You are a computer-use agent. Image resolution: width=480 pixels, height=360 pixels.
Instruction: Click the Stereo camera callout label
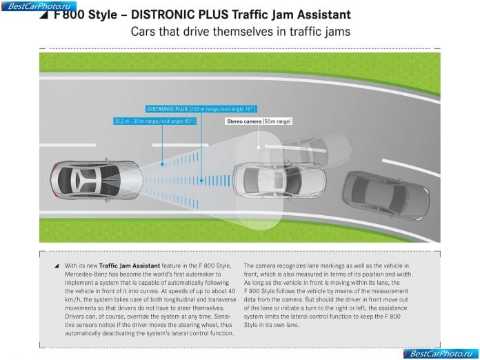pyautogui.click(x=259, y=121)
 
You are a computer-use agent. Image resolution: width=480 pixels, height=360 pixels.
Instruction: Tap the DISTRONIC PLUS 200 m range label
pyautogui.click(x=201, y=109)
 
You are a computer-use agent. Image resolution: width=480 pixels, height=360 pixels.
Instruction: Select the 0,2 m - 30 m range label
pyautogui.click(x=154, y=121)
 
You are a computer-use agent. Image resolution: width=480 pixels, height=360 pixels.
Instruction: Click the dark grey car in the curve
pyautogui.click(x=386, y=195)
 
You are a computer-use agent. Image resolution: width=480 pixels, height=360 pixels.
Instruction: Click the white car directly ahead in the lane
pyautogui.click(x=279, y=180)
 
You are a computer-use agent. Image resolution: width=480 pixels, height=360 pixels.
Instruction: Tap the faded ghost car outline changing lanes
pyautogui.click(x=311, y=150)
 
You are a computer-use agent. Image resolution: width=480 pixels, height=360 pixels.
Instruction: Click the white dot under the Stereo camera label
pyautogui.click(x=259, y=148)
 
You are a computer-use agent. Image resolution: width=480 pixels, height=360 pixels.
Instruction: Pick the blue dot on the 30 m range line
pyautogui.click(x=162, y=164)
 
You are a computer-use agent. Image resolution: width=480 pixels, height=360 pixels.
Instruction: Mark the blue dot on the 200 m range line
pyautogui.click(x=201, y=181)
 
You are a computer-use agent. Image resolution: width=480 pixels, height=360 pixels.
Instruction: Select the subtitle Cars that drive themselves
pyautogui.click(x=241, y=32)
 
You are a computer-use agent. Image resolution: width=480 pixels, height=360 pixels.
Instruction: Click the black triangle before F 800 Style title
pyautogui.click(x=43, y=15)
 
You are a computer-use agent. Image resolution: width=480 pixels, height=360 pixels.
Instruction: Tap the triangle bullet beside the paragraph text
pyautogui.click(x=57, y=266)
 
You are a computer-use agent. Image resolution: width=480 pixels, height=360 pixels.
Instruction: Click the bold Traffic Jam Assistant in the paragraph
pyautogui.click(x=130, y=266)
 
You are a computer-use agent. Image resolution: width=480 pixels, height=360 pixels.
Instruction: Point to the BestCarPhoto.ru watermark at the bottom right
pyautogui.click(x=441, y=354)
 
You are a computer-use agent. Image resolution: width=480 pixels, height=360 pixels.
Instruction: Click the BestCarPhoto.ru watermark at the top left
pyautogui.click(x=39, y=6)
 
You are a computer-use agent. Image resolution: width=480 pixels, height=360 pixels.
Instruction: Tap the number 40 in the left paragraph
pyautogui.click(x=232, y=291)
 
